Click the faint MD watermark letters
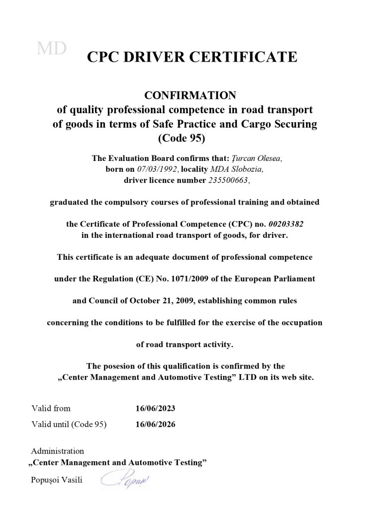[x=52, y=48]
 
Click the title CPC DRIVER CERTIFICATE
[x=192, y=57]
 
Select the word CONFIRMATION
[x=185, y=95]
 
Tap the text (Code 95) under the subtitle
[x=185, y=138]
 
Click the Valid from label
[x=51, y=409]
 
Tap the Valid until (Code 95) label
[x=69, y=424]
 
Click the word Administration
[x=57, y=452]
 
